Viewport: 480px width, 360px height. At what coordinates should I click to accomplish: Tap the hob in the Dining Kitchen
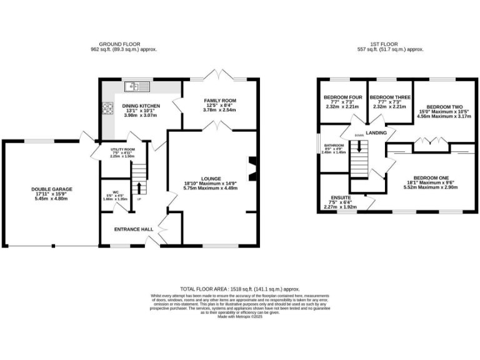tap(107, 107)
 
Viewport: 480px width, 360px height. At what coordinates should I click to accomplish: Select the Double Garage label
tap(52, 189)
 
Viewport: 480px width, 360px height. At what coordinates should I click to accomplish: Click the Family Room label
tap(220, 101)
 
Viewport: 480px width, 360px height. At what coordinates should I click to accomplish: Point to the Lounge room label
tap(211, 178)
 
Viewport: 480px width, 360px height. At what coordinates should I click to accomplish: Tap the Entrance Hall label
tap(133, 229)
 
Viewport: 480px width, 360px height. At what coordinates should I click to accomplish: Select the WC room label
tap(116, 192)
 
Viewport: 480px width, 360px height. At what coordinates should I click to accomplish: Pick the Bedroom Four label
tap(342, 97)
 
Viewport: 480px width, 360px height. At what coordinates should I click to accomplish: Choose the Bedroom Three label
tap(390, 97)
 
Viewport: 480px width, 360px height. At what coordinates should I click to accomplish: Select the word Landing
tap(376, 133)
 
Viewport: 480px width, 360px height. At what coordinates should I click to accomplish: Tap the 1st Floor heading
tap(389, 44)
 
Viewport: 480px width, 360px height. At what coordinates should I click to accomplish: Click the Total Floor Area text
tap(240, 289)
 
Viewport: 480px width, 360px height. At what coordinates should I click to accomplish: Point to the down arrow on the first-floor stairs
tap(359, 146)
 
